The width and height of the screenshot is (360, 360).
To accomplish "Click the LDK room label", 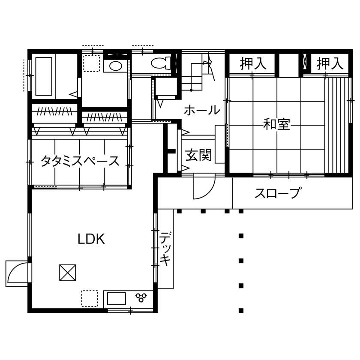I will [x=91, y=239].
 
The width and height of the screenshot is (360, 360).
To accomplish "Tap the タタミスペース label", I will [x=80, y=161].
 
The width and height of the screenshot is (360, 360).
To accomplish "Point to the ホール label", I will [x=202, y=110].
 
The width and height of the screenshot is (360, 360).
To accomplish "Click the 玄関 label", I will [x=198, y=156].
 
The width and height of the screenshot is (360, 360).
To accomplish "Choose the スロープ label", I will [x=277, y=193].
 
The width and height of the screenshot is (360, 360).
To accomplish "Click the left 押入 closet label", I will [x=253, y=64].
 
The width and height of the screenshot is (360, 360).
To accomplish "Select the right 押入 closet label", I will [x=330, y=64].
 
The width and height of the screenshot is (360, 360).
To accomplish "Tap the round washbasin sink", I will [x=115, y=66].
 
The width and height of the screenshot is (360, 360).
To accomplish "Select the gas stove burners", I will [x=141, y=296].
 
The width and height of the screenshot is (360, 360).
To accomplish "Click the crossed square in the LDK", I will [x=68, y=272].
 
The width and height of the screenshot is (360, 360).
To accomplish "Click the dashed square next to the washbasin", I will [x=91, y=64].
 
